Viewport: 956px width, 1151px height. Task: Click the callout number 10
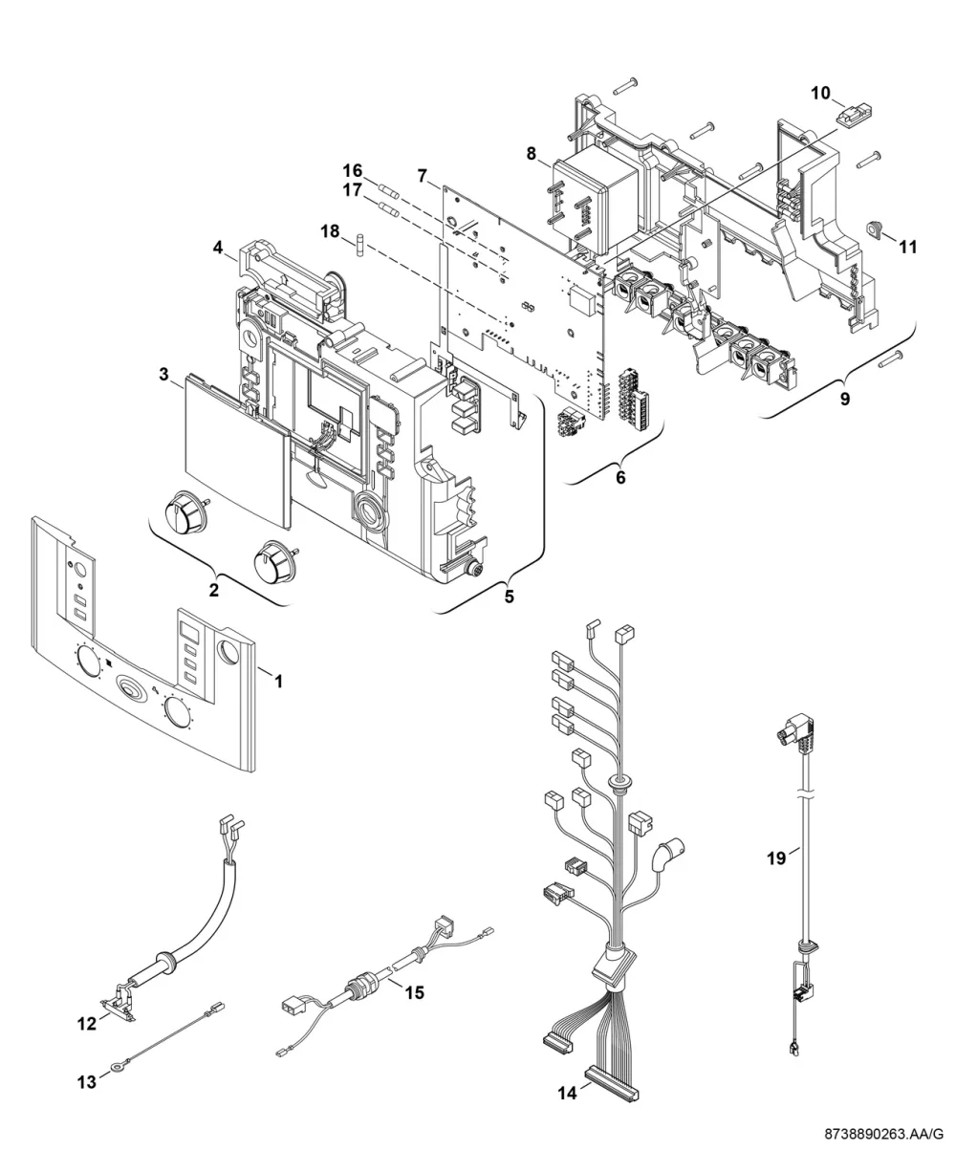[820, 93]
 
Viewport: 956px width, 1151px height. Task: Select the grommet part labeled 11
[874, 228]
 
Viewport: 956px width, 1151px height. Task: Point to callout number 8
[531, 154]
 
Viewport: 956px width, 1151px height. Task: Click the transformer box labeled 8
[595, 201]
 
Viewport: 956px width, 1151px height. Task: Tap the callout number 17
[353, 190]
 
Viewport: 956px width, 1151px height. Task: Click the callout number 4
[218, 248]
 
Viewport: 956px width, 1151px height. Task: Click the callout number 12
[87, 1024]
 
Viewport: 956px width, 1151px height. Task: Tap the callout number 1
[279, 682]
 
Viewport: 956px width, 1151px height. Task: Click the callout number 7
[423, 177]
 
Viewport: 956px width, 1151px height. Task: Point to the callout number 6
[620, 477]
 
